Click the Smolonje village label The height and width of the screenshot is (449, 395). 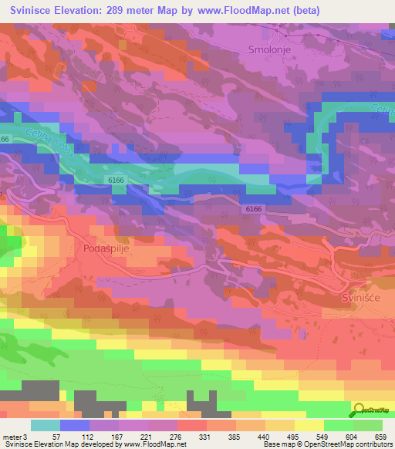[x=268, y=49]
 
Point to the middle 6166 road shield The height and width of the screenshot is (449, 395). [x=116, y=179]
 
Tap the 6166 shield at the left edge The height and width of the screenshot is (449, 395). [x=5, y=140]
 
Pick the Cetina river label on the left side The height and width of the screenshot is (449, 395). [x=38, y=143]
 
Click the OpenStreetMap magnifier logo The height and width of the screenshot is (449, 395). [x=360, y=409]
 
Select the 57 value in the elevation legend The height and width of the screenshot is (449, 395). [x=55, y=436]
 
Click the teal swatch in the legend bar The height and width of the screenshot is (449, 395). [x=46, y=425]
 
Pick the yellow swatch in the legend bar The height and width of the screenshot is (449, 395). [x=309, y=425]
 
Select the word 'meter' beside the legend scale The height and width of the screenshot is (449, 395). [x=12, y=436]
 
